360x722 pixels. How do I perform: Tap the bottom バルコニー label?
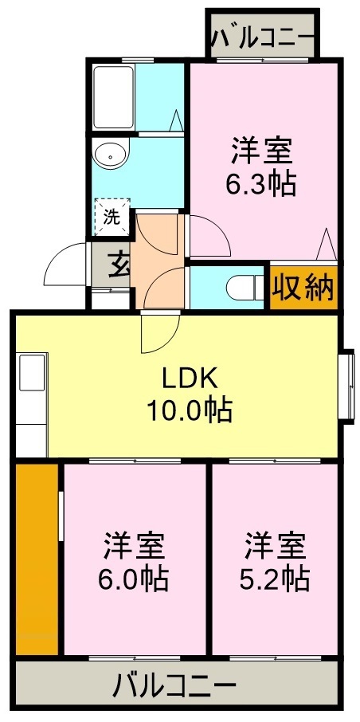click(x=174, y=685)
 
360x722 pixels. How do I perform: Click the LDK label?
click(x=190, y=378)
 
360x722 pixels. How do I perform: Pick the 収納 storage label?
click(x=303, y=288)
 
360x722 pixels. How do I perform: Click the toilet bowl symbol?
click(x=241, y=285)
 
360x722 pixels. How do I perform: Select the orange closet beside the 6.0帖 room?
click(x=37, y=558)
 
